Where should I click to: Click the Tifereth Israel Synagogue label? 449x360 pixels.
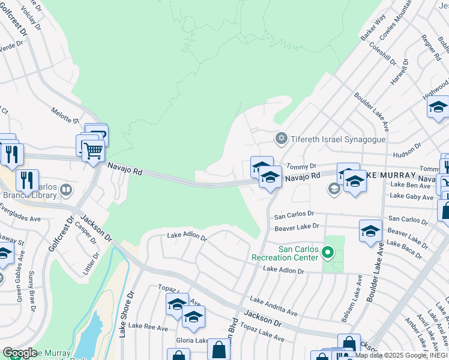338,139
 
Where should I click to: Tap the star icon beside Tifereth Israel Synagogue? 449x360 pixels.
280,139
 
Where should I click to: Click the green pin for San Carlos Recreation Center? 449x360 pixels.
327,253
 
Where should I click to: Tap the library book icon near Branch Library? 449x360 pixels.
66,191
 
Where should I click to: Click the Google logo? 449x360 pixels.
20,353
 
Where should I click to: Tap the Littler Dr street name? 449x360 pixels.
94,263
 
